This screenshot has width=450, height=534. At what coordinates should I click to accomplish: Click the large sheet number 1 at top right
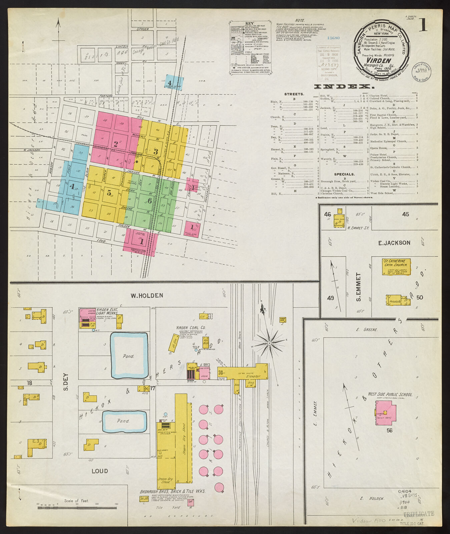[x=423, y=25]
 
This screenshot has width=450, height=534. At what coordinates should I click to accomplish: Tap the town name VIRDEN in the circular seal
[x=382, y=60]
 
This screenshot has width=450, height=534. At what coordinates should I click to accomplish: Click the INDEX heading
[x=344, y=87]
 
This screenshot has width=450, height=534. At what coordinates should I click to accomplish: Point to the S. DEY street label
[x=66, y=381]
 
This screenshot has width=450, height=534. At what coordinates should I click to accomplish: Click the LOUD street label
[x=100, y=471]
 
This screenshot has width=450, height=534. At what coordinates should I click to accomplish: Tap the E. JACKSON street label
[x=394, y=243]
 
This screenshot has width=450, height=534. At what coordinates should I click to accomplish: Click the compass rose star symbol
[x=270, y=343]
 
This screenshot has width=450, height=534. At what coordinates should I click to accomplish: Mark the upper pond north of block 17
[x=129, y=356]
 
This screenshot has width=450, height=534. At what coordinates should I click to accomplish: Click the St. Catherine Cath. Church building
[x=396, y=267]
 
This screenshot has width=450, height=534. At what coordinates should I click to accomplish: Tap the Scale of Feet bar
[x=77, y=508]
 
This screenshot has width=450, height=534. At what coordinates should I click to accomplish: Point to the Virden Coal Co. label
[x=191, y=328]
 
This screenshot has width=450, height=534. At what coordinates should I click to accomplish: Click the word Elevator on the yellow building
[x=254, y=376]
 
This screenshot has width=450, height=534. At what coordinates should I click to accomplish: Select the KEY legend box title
[x=250, y=24]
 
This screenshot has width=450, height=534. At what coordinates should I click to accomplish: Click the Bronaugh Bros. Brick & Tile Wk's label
[x=172, y=492]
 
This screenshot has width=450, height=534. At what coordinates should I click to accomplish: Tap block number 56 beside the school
[x=389, y=431]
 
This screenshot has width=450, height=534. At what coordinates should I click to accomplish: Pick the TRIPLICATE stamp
[x=419, y=514]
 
